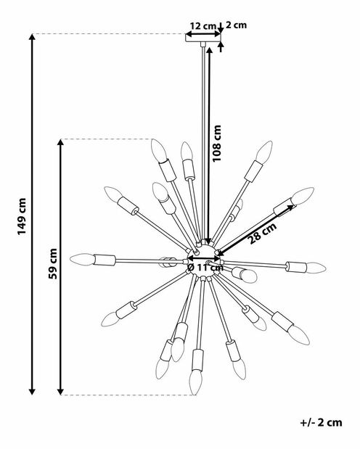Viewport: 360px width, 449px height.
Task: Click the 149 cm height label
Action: coord(22,216)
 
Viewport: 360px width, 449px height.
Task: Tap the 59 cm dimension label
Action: coord(53,264)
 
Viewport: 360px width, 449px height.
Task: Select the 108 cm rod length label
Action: coord(217,143)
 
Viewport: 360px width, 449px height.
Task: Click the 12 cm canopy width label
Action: coord(202,26)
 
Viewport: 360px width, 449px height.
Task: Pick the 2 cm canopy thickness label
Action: coord(236,25)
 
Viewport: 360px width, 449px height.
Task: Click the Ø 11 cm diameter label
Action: coord(205,268)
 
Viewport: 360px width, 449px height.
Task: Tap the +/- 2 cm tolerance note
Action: coord(321,422)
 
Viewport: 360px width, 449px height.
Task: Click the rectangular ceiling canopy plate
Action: coord(203,38)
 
